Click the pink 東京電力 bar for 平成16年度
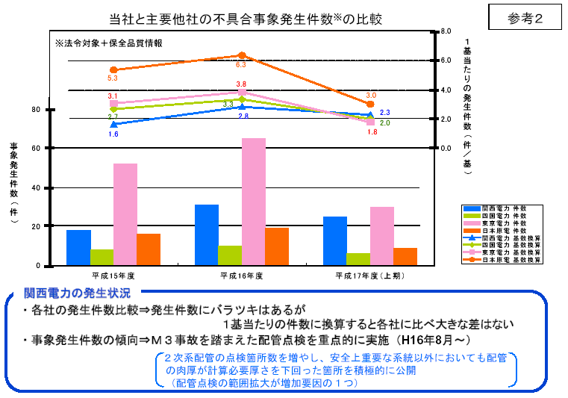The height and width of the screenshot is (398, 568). [254, 202]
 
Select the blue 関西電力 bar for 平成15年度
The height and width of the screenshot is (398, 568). [78, 247]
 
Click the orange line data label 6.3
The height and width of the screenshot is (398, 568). [240, 65]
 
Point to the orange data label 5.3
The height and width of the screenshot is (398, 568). [113, 78]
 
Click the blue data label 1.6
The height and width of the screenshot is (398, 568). [113, 134]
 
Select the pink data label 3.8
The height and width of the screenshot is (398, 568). [241, 84]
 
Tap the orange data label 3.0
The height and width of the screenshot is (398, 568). [371, 96]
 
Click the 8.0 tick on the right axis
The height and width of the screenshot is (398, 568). [447, 32]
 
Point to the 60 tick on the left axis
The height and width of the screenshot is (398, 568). [36, 149]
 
